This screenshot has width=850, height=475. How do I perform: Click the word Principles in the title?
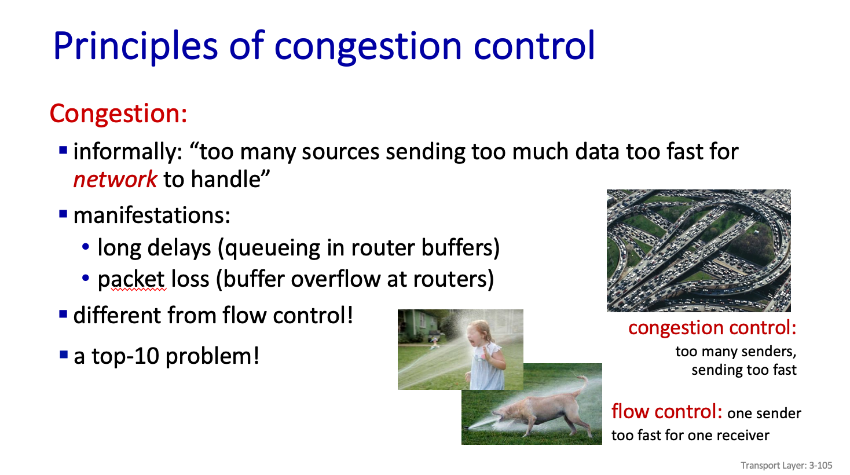pos(135,46)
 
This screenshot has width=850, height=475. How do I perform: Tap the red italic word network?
pos(115,179)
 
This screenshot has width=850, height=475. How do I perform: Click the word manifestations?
pos(152,215)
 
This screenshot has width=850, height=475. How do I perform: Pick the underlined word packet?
pos(131,279)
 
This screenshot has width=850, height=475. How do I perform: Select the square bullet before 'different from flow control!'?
pos(63,315)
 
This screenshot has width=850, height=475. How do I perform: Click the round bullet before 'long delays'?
pos(86,247)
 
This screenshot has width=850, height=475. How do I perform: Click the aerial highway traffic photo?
pos(699,251)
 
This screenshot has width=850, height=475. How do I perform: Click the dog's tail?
pos(581,384)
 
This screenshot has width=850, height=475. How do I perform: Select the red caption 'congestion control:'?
pos(712,328)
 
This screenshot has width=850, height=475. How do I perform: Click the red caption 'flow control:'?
pos(666,412)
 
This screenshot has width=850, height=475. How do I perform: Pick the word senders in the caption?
pos(768,352)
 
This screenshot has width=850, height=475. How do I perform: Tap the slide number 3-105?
pos(821,466)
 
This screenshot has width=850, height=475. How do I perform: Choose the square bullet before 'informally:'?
pos(63,151)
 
